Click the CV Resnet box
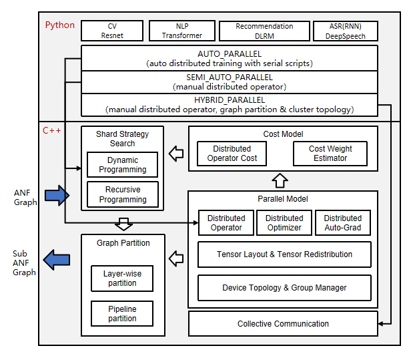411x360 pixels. [x=112, y=31]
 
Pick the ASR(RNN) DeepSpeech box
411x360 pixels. [x=346, y=31]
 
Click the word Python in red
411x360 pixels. [x=60, y=25]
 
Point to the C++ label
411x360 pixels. [x=52, y=130]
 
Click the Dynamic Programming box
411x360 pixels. [x=122, y=164]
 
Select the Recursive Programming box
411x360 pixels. [x=123, y=194]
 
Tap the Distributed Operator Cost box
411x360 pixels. [x=232, y=153]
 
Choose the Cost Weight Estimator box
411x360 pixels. [x=330, y=153]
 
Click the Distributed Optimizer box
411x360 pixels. [x=284, y=223]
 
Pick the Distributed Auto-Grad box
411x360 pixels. [x=342, y=223]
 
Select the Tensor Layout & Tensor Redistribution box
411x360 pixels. [x=284, y=254]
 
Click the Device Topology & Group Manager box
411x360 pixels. [x=284, y=288]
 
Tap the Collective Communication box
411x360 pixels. [x=283, y=324]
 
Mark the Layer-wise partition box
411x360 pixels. [x=122, y=278]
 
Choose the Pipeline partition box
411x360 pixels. [x=122, y=314]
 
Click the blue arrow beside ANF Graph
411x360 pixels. [x=57, y=195]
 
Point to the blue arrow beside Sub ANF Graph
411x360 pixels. [x=57, y=259]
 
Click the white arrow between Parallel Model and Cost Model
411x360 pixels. [x=280, y=180]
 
